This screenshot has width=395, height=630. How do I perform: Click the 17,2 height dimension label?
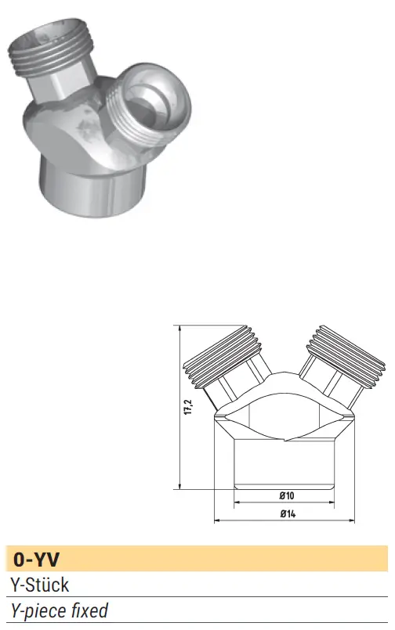pos(190,407)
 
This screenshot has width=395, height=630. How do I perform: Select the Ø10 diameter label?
pos(287,495)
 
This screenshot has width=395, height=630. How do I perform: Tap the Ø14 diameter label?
pos(288,513)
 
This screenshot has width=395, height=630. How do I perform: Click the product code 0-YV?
pos(36,560)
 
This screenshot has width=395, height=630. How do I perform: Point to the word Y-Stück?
pos(40,585)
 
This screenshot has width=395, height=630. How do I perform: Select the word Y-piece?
pos(39,611)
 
